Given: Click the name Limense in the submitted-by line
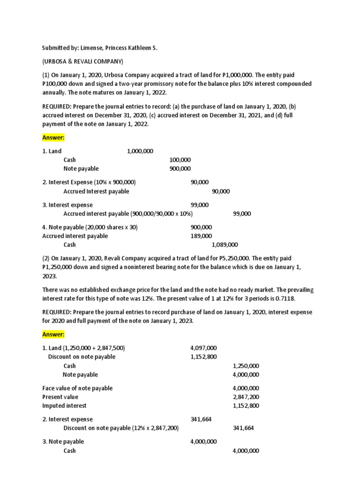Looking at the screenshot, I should click(93, 48).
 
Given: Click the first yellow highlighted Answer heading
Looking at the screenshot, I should click(53, 138).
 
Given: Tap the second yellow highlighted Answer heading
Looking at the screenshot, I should click(53, 334).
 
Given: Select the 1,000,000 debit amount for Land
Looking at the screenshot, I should click(140, 151).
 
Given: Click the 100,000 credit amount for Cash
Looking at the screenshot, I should click(180, 160).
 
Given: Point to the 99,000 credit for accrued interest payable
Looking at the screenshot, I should click(242, 214).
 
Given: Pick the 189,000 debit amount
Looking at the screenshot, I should click(201, 236).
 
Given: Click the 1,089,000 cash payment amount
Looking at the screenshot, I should click(225, 245).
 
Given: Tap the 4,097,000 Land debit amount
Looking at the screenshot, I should click(203, 348).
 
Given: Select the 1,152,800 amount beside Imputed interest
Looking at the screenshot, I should click(246, 405).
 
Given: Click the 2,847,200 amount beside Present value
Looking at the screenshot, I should click(246, 397).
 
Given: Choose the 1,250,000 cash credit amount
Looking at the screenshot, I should click(246, 366).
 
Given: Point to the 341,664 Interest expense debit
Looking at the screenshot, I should click(201, 419).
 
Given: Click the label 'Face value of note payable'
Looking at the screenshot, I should click(77, 388).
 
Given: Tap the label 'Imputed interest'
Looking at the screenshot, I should click(64, 405).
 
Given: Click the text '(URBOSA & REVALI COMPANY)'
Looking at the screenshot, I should click(82, 61).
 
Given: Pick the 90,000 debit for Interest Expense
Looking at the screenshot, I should click(200, 182).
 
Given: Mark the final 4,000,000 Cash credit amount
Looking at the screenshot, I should click(246, 450).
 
